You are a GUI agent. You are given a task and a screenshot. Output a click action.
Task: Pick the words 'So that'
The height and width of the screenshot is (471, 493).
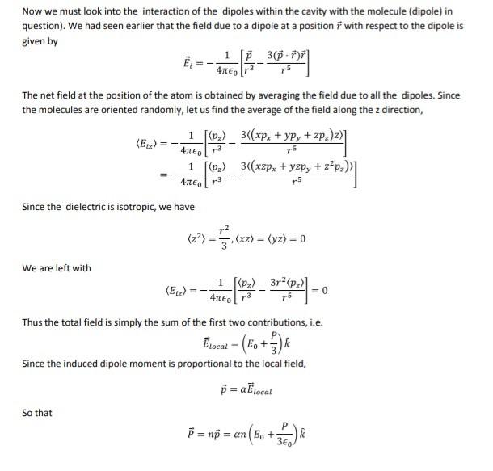[x=38, y=412]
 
